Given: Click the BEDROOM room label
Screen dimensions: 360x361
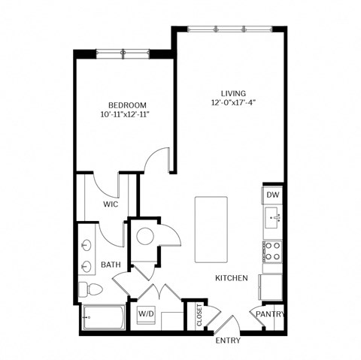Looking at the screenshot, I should tap(127, 105).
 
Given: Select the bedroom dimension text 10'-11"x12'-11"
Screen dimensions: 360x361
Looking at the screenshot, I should tap(127, 116).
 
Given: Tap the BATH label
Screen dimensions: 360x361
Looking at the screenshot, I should tap(111, 265).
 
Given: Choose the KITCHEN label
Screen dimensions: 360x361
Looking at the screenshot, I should tap(232, 278).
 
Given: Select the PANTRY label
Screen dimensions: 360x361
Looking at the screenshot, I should tap(270, 313).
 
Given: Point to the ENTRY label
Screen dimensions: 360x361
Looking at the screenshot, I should tap(228, 340).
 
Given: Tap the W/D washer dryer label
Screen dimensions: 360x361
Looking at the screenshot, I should tap(147, 313).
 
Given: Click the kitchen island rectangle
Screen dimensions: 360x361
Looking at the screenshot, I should tap(211, 229).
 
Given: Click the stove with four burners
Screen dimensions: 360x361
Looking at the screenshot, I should tap(273, 251).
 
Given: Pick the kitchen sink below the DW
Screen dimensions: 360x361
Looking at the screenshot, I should tap(273, 220).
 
